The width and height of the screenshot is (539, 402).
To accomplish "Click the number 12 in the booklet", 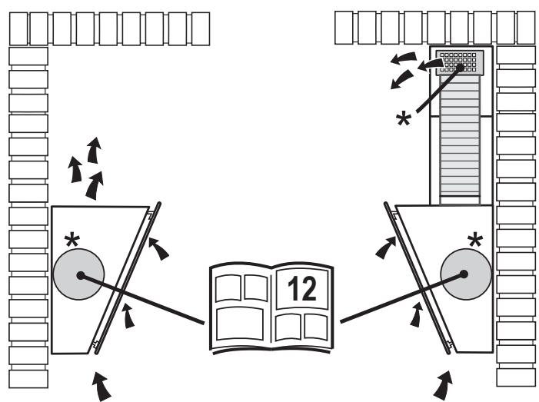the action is [x=302, y=288].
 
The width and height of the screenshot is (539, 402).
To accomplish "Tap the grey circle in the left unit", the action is [x=78, y=274].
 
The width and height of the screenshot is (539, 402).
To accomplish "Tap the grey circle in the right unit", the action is [x=466, y=274].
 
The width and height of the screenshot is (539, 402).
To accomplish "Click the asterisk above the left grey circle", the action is [x=72, y=240].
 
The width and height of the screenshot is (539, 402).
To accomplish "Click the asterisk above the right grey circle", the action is [x=475, y=240].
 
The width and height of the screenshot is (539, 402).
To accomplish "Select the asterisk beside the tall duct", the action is [x=403, y=120].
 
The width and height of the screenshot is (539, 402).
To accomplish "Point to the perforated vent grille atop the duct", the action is [x=460, y=62].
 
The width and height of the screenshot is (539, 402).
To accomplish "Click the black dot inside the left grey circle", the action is [x=81, y=275].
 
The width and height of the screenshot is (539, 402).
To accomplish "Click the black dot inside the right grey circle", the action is [x=464, y=274].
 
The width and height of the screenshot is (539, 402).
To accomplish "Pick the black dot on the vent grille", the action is [x=460, y=68].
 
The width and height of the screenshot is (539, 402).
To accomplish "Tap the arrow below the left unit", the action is [x=102, y=386].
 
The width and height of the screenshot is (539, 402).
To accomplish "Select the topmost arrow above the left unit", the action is [x=94, y=150].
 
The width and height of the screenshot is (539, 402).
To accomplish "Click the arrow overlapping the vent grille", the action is [x=431, y=65].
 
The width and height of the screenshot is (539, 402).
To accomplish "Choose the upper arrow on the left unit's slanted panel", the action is [x=158, y=249].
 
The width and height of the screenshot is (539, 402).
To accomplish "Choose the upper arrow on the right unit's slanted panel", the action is [x=386, y=248].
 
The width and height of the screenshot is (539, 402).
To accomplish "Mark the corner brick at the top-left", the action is [x=18, y=29].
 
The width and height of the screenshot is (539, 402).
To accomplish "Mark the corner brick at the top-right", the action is [x=526, y=28].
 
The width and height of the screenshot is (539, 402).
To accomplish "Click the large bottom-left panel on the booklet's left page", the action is [x=240, y=324].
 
